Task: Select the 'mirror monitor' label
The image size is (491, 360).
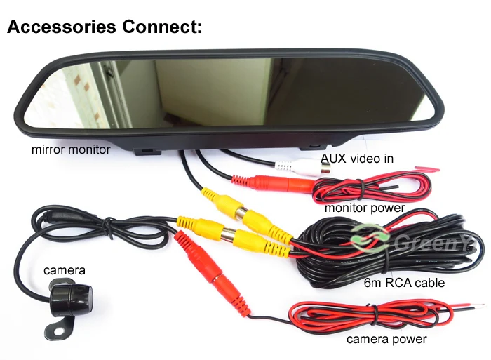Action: [70, 149]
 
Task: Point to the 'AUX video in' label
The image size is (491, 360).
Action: [357, 159]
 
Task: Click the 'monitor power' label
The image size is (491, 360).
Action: [365, 208]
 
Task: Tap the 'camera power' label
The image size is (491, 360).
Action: [386, 339]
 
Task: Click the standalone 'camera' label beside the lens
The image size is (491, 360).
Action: [65, 269]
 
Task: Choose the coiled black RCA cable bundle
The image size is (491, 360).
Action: [393, 246]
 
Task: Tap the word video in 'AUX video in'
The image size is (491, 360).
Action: [362, 159]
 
